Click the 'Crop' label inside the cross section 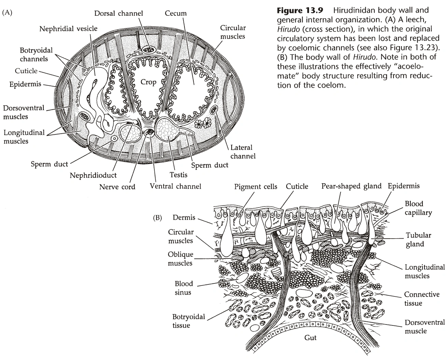pyautogui.click(x=149, y=82)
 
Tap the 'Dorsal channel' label pyautogui.click(x=119, y=13)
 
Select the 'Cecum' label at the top pyautogui.click(x=176, y=13)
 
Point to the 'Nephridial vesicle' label pyautogui.click(x=68, y=28)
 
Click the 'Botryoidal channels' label pyautogui.click(x=36, y=54)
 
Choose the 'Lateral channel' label pyautogui.click(x=242, y=152)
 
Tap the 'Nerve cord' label pyautogui.click(x=117, y=187)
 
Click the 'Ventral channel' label pyautogui.click(x=176, y=186)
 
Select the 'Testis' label pyautogui.click(x=178, y=175)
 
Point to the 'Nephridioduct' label pyautogui.click(x=93, y=175)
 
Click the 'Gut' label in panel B pyautogui.click(x=310, y=337)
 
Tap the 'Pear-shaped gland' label pyautogui.click(x=351, y=186)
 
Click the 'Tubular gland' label pyautogui.click(x=418, y=239)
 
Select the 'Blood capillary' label pyautogui.click(x=418, y=208)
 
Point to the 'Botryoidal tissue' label pyautogui.click(x=189, y=321)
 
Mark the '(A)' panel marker pyautogui.click(x=7, y=13)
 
